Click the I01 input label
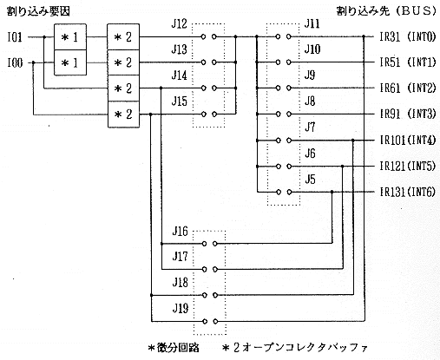15,37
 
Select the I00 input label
15,62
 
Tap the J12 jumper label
180,24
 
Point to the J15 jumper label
180,101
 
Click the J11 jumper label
312,23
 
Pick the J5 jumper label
310,180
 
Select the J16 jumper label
180,232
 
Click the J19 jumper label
180,308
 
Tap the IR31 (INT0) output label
408,37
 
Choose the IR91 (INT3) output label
408,114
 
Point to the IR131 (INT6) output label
408,192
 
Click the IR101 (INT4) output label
408,141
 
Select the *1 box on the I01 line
70,36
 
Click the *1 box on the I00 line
70,62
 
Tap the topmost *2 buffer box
123,36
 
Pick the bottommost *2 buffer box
123,115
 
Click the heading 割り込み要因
38,11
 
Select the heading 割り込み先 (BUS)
386,11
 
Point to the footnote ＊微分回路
174,348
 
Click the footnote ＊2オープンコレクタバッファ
295,348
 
